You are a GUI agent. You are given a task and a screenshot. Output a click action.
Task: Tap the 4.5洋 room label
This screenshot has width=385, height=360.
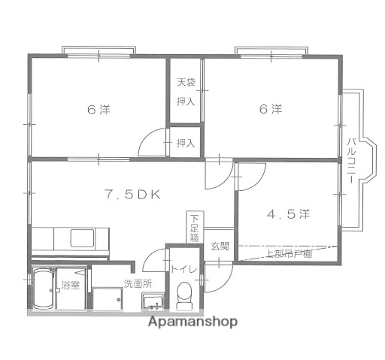288,214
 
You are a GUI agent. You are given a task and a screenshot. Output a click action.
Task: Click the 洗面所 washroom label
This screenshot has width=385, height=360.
117,284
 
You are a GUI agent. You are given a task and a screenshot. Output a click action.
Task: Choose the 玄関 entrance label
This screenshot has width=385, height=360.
219,247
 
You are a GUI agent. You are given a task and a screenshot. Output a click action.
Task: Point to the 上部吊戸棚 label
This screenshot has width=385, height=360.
290,253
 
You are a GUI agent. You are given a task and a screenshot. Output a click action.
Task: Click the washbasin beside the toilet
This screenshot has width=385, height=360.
153,303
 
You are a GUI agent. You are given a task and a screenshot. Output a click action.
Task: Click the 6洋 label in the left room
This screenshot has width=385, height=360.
98,110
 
